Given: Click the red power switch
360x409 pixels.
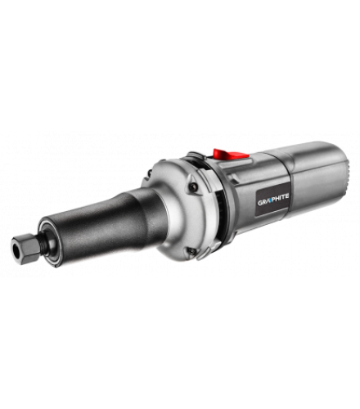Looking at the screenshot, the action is [231, 154].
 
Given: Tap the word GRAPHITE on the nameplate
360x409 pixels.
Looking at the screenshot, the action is [273, 196].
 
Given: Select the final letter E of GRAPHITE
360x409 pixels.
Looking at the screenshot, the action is [287, 196].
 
